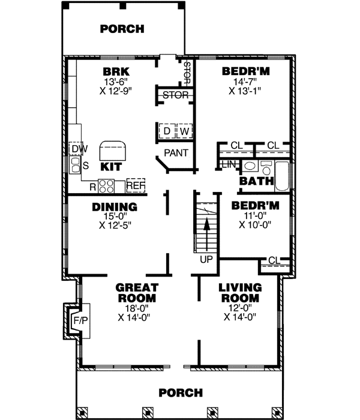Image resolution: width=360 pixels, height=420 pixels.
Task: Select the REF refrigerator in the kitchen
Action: click(136, 186)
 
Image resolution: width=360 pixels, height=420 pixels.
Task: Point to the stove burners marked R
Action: click(106, 186)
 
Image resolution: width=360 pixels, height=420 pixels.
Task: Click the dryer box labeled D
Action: click(166, 131)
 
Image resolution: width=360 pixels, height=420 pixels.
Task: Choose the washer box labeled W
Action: click(184, 131)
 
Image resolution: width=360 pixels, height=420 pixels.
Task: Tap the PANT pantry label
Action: click(176, 153)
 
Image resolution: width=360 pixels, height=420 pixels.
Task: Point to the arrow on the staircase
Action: click(206, 232)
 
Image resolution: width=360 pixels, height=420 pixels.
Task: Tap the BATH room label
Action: click(257, 181)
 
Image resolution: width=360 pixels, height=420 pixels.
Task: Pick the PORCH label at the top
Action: click(122, 28)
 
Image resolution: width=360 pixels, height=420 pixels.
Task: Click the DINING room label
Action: click(115, 207)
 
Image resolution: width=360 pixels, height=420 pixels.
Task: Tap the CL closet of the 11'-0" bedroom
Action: click(274, 260)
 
